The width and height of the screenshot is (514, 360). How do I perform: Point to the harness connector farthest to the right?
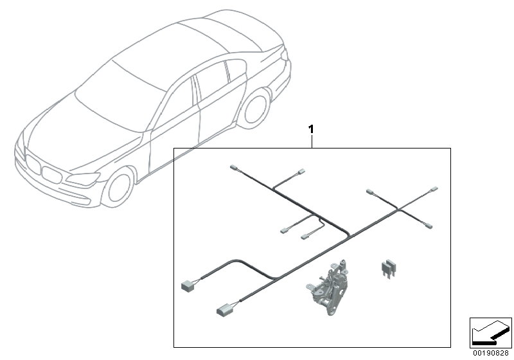[x=434, y=191]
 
